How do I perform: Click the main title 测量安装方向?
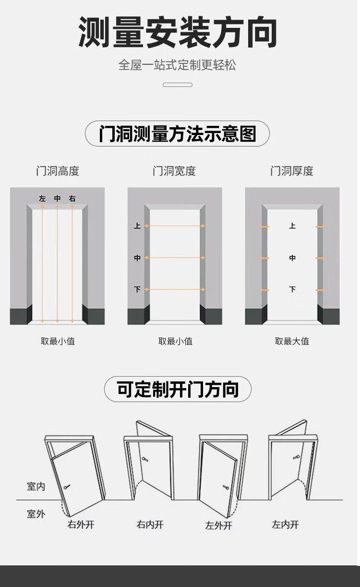tap(178, 33)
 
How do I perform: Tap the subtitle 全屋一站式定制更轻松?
tap(177, 65)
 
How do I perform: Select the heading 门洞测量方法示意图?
tap(177, 134)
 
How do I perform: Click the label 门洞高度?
tap(58, 171)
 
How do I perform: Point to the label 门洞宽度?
tap(174, 171)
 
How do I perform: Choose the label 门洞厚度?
tap(292, 171)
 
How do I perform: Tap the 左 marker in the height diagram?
tap(42, 198)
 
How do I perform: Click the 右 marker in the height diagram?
tap(72, 198)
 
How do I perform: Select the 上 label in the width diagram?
tap(137, 226)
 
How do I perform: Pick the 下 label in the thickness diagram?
tap(292, 289)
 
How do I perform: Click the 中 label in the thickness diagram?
tap(292, 258)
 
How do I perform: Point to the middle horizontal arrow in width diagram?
tap(175, 258)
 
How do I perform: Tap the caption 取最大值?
tap(292, 342)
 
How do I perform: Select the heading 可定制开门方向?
tap(178, 389)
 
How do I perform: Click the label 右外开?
tap(81, 524)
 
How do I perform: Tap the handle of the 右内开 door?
tap(144, 460)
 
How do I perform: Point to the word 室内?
tap(36, 487)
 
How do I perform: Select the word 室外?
tap(36, 514)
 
